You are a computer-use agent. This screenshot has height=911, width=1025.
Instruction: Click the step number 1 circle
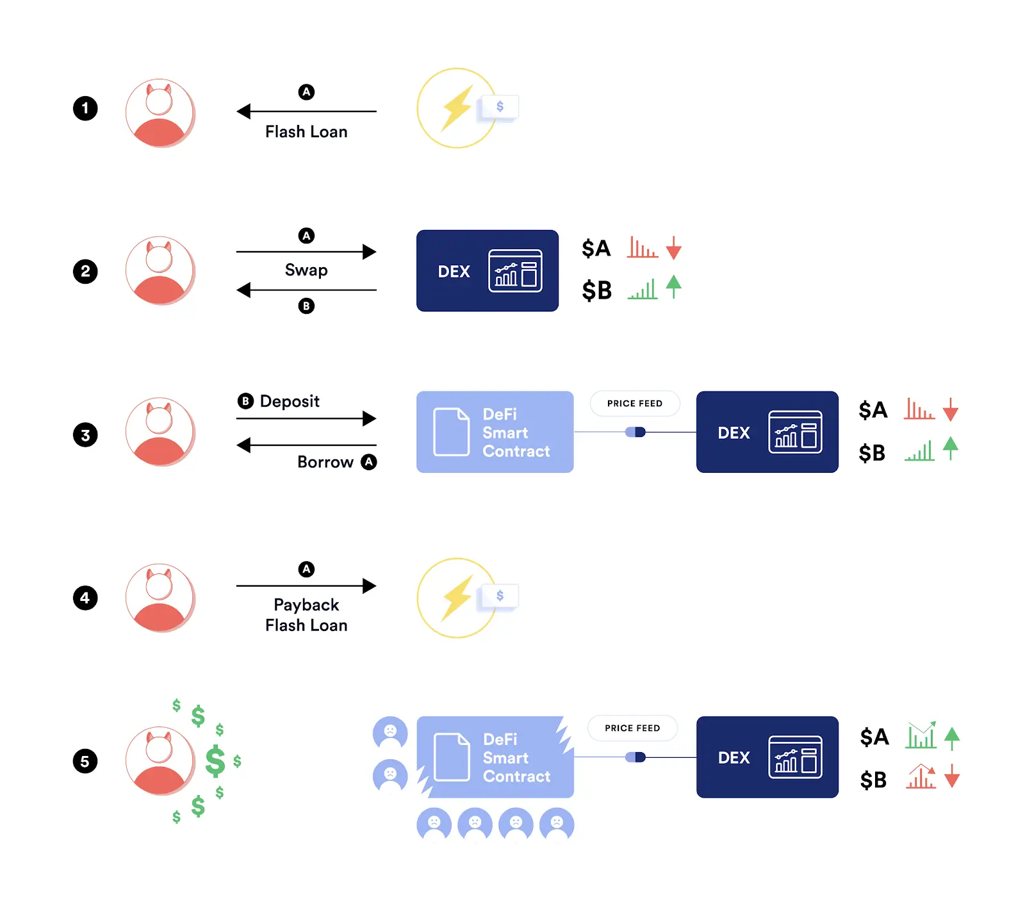(85, 108)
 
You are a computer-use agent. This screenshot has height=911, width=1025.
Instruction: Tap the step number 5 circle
(85, 761)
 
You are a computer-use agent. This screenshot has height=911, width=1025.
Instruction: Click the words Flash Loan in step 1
(306, 132)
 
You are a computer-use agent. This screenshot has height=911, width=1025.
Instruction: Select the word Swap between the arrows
(306, 270)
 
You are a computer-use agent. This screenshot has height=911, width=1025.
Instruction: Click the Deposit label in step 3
(289, 402)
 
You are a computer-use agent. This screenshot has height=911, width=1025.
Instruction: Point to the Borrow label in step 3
(325, 462)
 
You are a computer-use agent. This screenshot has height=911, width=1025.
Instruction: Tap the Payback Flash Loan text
(306, 615)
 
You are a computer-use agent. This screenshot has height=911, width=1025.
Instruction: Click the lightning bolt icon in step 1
(457, 108)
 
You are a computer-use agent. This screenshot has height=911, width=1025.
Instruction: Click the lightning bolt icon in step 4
(457, 597)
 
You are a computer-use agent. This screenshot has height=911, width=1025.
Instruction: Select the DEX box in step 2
(487, 271)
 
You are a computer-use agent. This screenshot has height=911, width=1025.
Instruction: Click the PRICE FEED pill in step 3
(634, 404)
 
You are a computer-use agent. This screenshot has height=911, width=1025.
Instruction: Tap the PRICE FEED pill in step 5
(632, 728)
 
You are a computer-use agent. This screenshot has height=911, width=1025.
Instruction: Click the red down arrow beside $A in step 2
(673, 248)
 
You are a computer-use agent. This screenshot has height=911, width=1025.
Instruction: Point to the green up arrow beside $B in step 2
(673, 286)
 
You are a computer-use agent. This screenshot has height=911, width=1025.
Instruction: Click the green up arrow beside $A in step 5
(952, 738)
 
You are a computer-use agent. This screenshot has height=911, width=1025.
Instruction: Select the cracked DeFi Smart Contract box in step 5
(495, 757)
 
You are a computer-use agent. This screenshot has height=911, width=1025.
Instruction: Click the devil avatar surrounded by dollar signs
(160, 761)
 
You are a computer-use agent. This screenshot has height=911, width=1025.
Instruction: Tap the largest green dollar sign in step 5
(215, 761)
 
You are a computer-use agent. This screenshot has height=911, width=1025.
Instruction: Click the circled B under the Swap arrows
(306, 306)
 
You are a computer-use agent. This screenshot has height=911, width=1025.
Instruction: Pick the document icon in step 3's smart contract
(451, 432)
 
